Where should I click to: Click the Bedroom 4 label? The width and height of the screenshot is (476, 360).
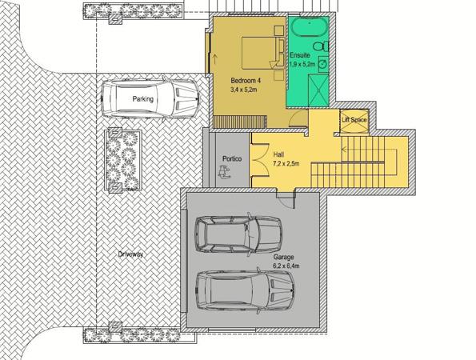[x=246, y=81]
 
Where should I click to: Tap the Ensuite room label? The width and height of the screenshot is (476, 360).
[x=300, y=55]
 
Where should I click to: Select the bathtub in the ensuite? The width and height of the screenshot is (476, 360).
[x=310, y=26]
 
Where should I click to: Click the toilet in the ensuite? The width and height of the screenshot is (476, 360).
[x=321, y=46]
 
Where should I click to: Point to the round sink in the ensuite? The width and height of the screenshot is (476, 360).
[x=323, y=64]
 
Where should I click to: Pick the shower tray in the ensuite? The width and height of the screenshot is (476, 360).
[x=318, y=90]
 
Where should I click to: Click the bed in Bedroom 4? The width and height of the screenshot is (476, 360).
[x=263, y=53]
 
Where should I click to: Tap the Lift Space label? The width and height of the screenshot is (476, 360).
[x=354, y=120]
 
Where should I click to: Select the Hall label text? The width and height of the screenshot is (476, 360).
[x=278, y=154]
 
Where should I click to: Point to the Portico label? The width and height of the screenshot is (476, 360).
[x=232, y=158]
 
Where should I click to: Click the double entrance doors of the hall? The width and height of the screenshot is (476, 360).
[x=260, y=159]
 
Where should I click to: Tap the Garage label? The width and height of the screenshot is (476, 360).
[x=283, y=257]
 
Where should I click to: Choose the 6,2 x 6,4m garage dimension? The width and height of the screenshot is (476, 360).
[x=286, y=266]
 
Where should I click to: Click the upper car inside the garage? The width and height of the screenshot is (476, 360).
[x=238, y=234]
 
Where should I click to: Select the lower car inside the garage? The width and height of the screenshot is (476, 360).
[x=245, y=290]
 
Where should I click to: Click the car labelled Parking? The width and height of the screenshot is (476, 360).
[x=150, y=98]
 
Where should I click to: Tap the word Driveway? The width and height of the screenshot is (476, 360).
[x=130, y=254]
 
